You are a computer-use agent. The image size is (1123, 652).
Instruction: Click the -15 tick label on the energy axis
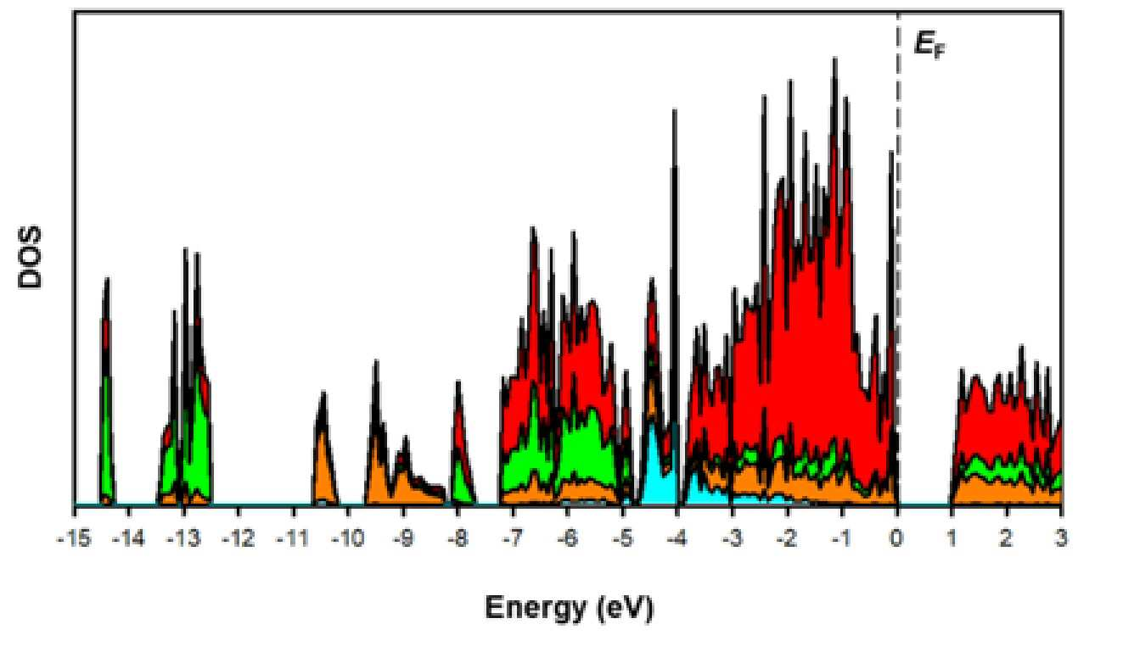(x=74, y=539)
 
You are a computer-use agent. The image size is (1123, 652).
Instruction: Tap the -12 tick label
(x=239, y=539)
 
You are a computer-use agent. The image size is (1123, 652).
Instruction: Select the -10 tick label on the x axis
(x=347, y=539)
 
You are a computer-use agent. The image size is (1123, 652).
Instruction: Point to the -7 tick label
(x=512, y=539)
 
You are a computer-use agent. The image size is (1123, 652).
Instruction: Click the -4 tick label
(x=677, y=539)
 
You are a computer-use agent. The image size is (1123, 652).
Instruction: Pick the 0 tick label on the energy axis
(x=896, y=539)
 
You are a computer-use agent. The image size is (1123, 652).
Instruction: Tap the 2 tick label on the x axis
(x=1006, y=539)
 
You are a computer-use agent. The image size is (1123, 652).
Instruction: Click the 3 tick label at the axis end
(x=1060, y=539)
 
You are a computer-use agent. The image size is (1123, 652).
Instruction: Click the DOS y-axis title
(x=30, y=258)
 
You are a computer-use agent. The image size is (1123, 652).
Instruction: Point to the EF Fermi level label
(x=929, y=45)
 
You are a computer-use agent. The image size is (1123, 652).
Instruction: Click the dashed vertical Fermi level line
(x=897, y=259)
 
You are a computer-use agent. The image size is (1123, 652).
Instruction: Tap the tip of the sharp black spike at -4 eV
(x=675, y=109)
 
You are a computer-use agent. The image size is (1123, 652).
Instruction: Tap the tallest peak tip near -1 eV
(x=834, y=59)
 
